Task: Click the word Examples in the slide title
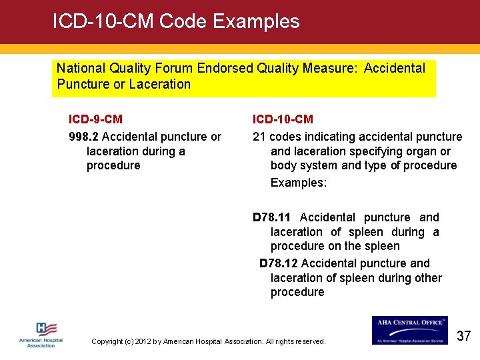256,21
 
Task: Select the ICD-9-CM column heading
95,119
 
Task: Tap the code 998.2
83,137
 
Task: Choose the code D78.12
279,263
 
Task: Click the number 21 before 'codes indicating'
259,137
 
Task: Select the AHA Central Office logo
410,330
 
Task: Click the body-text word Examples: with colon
299,182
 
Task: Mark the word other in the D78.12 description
428,278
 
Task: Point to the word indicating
321,137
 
